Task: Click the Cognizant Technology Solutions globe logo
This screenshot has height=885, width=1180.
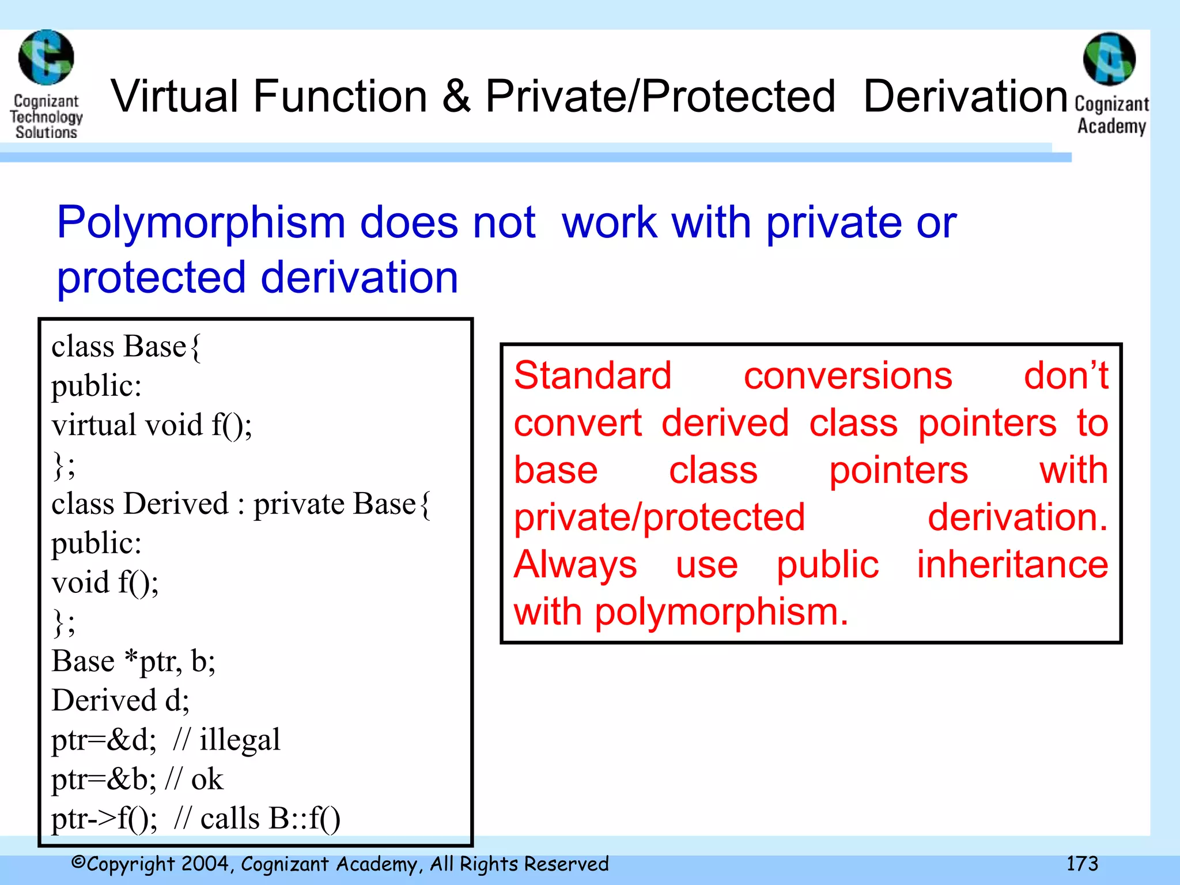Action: (46, 58)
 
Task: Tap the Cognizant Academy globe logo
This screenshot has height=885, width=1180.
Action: (1109, 59)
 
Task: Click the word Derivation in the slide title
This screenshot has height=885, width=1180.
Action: (965, 96)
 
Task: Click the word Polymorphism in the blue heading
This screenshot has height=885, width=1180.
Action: (201, 223)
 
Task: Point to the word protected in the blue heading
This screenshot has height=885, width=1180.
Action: (151, 278)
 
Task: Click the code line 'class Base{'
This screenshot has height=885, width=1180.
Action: (126, 347)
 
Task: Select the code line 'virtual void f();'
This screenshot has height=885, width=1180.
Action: (152, 425)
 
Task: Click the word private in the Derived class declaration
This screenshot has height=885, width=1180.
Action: (299, 504)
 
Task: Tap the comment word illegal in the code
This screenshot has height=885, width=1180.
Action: (239, 740)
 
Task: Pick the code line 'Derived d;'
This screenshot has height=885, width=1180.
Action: (120, 701)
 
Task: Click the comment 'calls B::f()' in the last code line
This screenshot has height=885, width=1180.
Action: (270, 818)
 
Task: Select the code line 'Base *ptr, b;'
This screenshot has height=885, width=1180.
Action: (133, 661)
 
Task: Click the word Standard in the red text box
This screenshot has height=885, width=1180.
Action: (592, 376)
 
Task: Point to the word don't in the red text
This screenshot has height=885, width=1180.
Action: (1065, 376)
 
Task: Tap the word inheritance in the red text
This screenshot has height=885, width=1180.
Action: (1012, 564)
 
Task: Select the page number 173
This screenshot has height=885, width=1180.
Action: (1081, 864)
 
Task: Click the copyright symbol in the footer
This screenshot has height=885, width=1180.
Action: (78, 863)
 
